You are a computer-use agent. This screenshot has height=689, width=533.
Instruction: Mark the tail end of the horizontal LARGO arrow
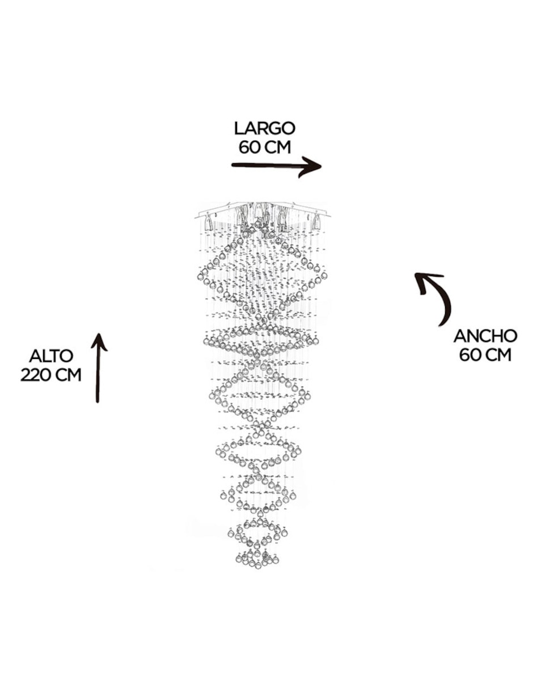(x=232, y=164)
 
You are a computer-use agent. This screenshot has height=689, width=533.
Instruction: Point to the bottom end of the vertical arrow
(x=98, y=402)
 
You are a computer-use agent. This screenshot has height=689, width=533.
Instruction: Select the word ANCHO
(x=485, y=336)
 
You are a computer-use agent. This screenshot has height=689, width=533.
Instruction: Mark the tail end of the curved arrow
(x=441, y=326)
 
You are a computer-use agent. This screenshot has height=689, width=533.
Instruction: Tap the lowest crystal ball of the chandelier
(x=258, y=565)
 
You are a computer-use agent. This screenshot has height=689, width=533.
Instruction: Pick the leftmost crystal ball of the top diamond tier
(x=200, y=276)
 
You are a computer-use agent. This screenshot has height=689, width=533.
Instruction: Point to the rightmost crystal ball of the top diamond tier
(x=324, y=276)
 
